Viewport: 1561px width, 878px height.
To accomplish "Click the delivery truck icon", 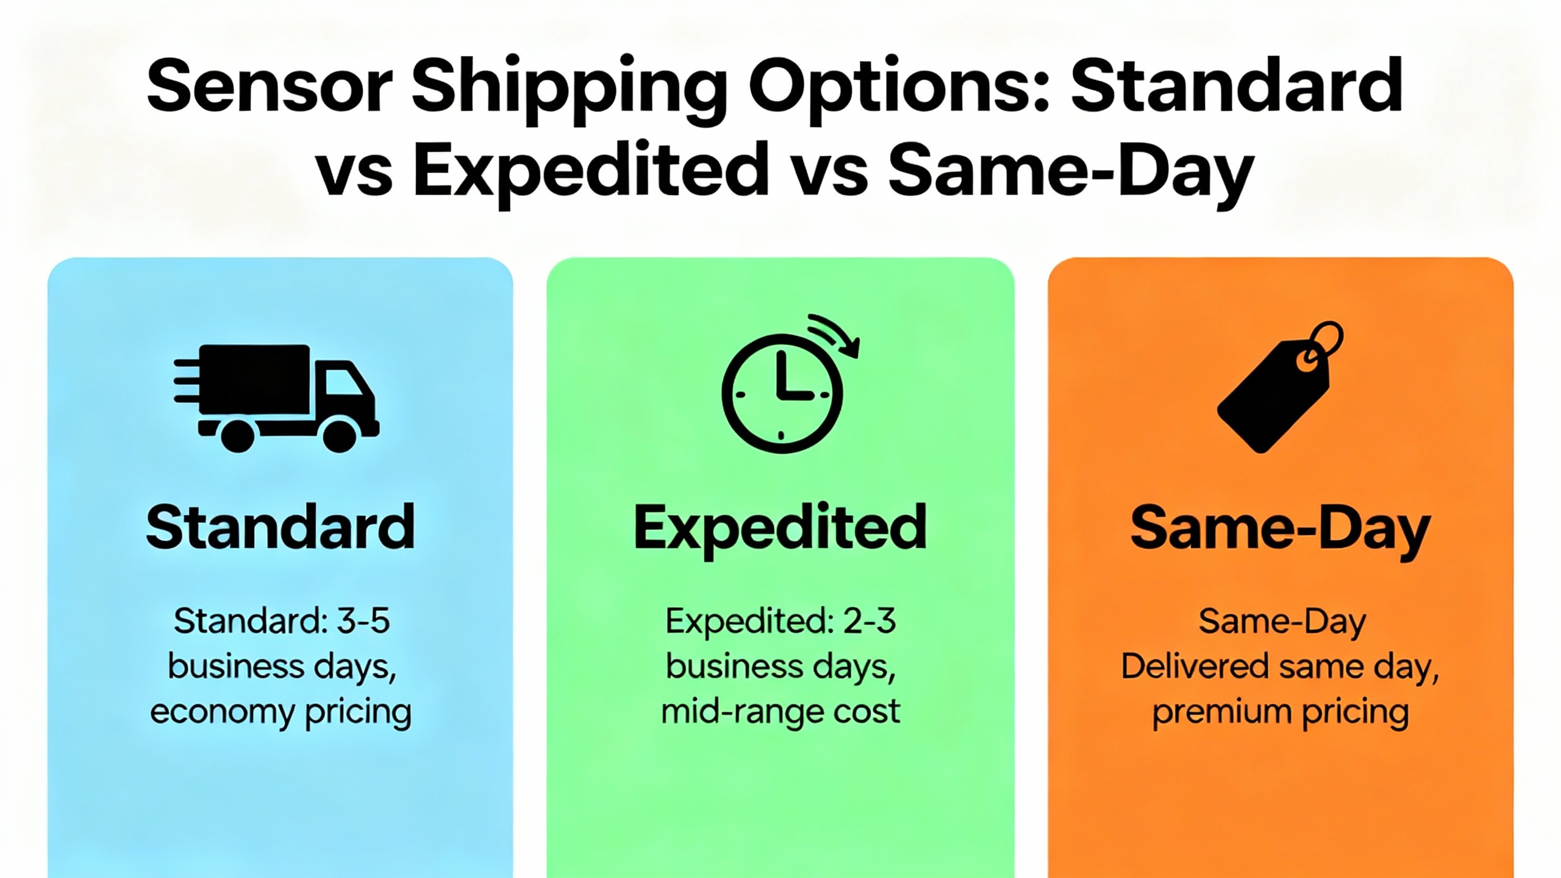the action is [277, 398].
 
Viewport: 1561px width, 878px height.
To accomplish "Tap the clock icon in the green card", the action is [782, 394].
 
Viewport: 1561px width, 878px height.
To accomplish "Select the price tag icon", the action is [1279, 387].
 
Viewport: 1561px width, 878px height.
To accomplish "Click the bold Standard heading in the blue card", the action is [280, 527].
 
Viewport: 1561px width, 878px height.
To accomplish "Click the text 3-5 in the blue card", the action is [363, 621].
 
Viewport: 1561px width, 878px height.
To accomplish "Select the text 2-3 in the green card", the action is [870, 621].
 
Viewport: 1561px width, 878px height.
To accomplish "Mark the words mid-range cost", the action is [780, 712].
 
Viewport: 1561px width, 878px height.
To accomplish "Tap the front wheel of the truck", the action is [339, 435].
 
